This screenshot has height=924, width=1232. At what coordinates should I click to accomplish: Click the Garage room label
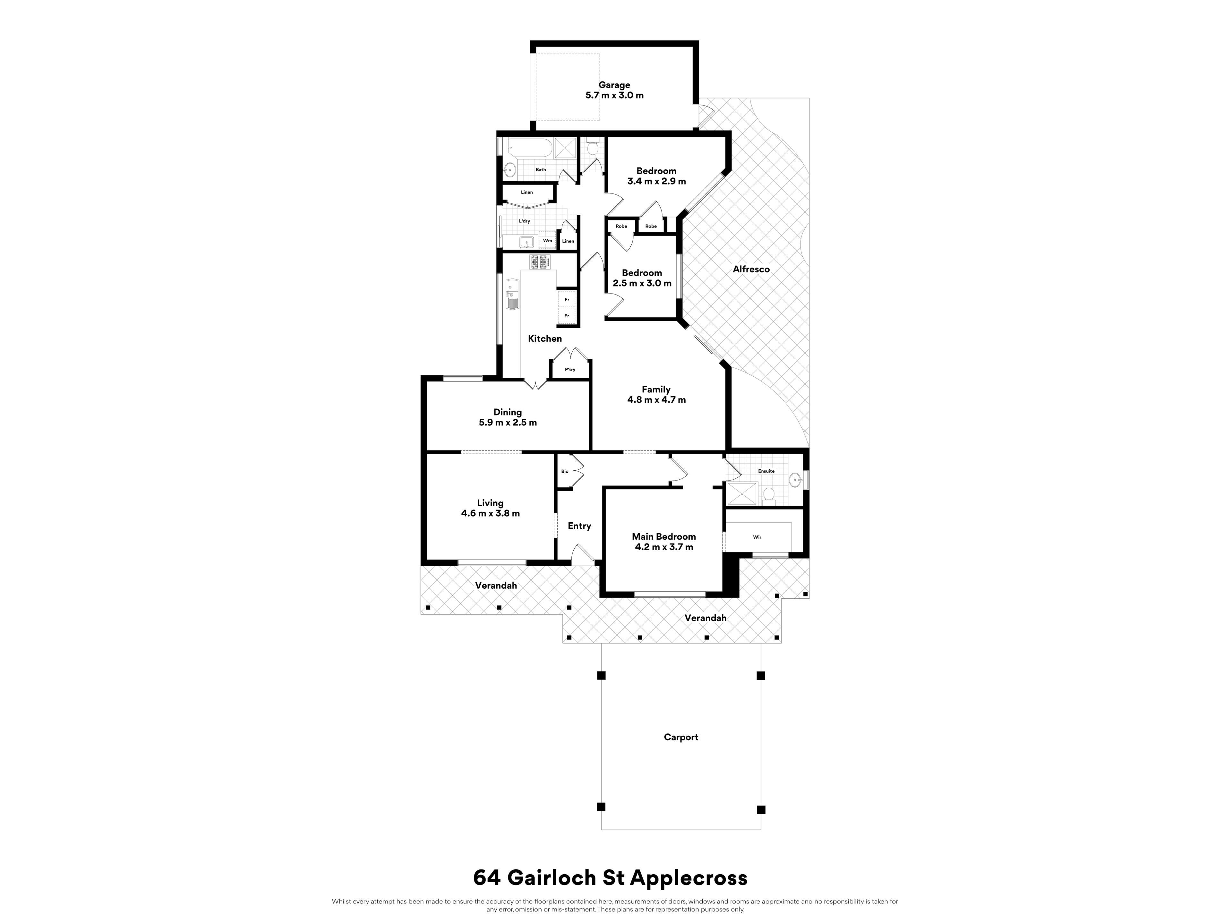click(614, 85)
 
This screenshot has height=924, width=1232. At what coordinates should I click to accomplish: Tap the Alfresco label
click(751, 269)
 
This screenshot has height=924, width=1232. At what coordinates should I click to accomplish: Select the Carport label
click(680, 737)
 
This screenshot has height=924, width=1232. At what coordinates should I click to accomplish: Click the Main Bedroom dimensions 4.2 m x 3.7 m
click(664, 547)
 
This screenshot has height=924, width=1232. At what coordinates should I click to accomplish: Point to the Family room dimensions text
click(656, 400)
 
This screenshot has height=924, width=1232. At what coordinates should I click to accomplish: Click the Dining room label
click(507, 412)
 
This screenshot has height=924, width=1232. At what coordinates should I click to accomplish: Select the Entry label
click(579, 526)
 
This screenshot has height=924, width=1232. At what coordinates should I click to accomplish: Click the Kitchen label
click(545, 338)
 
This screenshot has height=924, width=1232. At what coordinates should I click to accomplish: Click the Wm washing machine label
click(547, 241)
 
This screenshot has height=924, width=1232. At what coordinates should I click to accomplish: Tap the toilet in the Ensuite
click(769, 494)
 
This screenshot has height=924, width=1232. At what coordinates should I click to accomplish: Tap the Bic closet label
click(565, 472)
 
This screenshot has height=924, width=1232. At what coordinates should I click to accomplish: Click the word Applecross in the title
click(689, 878)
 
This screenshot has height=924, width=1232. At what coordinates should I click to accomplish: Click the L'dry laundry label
click(524, 221)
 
